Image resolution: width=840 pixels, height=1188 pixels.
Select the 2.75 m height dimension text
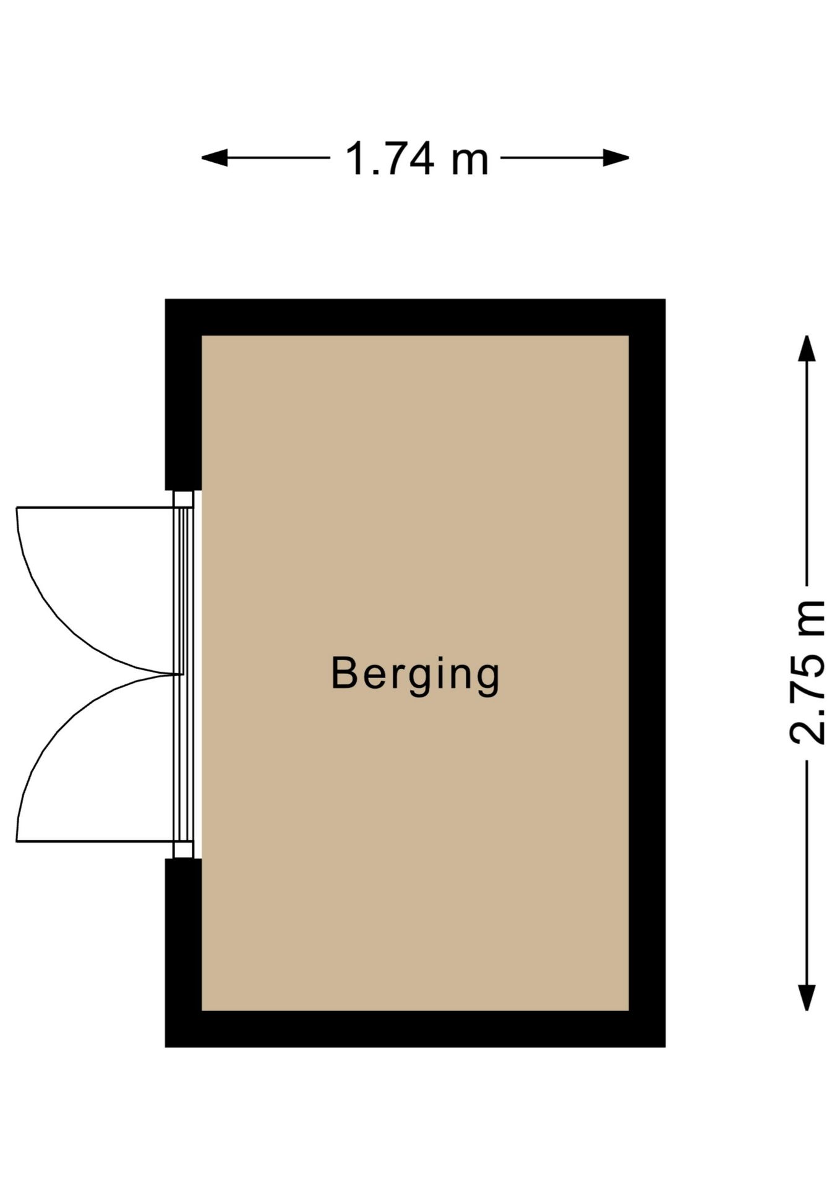pyautogui.click(x=807, y=672)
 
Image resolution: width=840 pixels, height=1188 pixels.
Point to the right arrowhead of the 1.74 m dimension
pyautogui.click(x=616, y=158)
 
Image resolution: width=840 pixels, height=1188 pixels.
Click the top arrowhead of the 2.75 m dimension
pyautogui.click(x=806, y=348)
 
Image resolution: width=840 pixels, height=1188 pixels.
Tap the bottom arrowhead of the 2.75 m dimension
pyautogui.click(x=806, y=997)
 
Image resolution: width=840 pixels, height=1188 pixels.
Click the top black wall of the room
pyautogui.click(x=415, y=317)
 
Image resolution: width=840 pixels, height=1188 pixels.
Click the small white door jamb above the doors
pyautogui.click(x=183, y=499)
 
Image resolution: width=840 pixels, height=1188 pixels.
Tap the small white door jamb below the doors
pyautogui.click(x=183, y=850)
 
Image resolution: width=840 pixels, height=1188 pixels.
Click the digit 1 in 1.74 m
pyautogui.click(x=356, y=159)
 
